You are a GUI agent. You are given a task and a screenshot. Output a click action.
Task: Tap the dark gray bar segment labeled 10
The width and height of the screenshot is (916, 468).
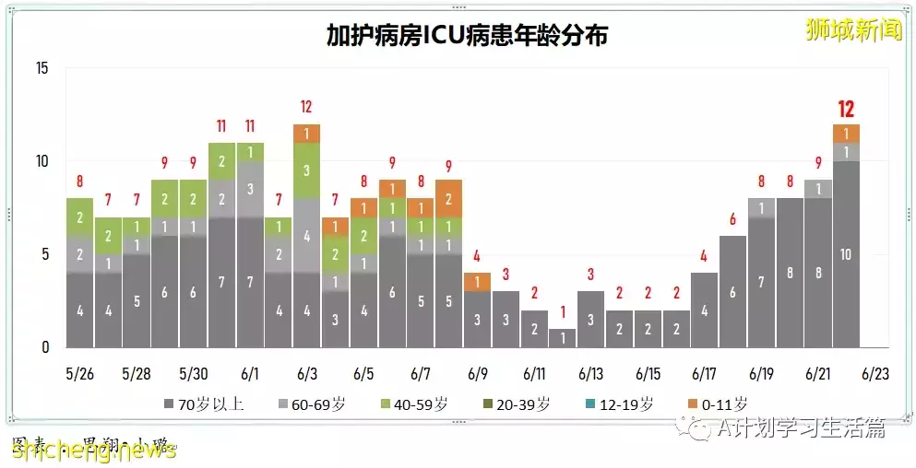coord(846,254)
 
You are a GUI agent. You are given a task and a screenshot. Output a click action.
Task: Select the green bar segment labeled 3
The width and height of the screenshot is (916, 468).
coord(306,170)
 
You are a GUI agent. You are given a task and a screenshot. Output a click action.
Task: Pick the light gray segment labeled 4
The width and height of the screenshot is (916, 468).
coord(306,235)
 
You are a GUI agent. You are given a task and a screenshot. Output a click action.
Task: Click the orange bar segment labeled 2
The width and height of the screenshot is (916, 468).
coord(448,199)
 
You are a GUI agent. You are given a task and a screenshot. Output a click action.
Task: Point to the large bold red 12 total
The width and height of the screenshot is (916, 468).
coord(846,110)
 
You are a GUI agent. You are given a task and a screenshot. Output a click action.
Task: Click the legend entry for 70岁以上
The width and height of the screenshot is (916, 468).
coord(205,404)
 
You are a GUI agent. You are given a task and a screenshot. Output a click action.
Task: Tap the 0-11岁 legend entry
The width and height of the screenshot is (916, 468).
coord(720,404)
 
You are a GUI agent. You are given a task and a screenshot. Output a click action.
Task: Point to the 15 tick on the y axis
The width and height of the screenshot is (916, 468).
coord(42,68)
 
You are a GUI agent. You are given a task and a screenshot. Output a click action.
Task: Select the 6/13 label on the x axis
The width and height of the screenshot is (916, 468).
coord(589,375)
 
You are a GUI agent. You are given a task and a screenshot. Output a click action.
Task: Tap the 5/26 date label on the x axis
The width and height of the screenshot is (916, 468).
coord(79,375)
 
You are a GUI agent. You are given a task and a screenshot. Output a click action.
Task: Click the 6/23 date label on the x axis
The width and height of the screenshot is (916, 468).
coord(874,375)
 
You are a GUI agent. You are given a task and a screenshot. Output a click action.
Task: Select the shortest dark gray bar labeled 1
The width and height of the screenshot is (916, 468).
coord(562,338)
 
